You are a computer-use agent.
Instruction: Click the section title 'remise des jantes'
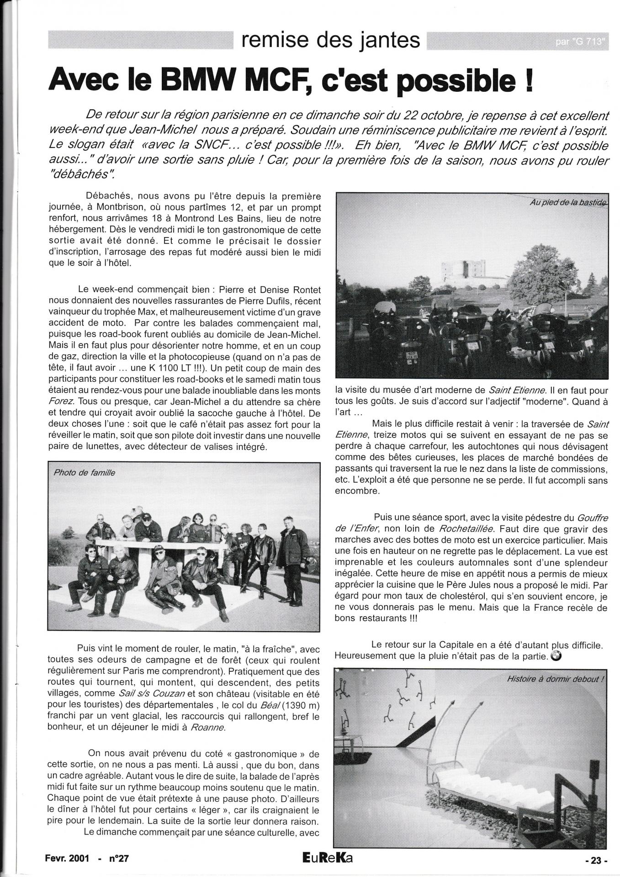tap(331, 41)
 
